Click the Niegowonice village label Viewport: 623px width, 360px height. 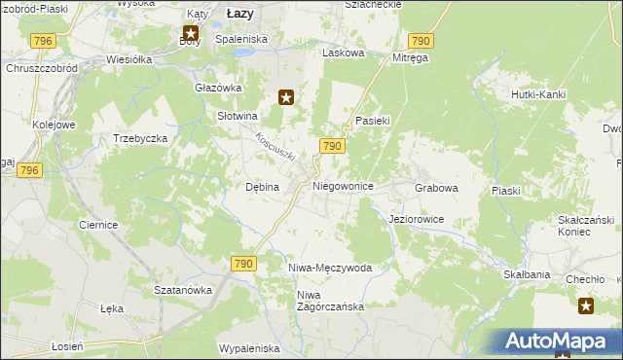click(x=343, y=185)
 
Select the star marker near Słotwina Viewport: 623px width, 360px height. click(x=286, y=96)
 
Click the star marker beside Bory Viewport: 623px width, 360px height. click(x=189, y=33)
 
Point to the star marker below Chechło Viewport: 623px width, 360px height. click(x=586, y=306)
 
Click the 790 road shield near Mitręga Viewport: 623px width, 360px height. click(x=421, y=40)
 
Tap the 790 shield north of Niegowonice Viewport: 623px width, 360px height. click(x=331, y=146)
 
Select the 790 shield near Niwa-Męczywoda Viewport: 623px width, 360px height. click(x=243, y=264)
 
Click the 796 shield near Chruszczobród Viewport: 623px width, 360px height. click(x=42, y=40)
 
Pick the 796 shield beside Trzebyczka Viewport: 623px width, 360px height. click(x=30, y=170)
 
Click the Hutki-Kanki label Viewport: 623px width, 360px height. click(x=538, y=94)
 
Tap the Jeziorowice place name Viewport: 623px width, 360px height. click(x=416, y=220)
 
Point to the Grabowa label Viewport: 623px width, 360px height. click(x=436, y=187)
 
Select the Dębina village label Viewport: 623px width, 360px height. click(x=262, y=187)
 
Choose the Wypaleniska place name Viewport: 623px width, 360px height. click(x=249, y=348)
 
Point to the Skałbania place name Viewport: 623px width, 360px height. click(x=527, y=275)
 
